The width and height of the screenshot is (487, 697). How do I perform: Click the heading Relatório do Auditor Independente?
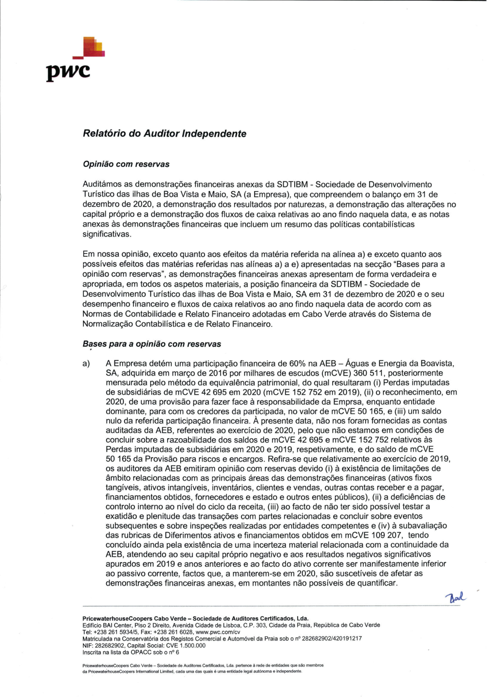pyautogui.click(x=165, y=134)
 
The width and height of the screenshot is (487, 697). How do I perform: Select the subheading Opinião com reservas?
pyautogui.click(x=126, y=164)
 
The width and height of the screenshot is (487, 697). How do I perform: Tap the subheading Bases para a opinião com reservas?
pyautogui.click(x=151, y=344)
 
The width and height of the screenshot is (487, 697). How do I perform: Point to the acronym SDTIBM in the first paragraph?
pyautogui.click(x=292, y=185)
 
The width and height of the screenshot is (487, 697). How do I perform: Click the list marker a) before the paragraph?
pyautogui.click(x=86, y=364)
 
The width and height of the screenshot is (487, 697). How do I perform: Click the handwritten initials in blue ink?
pyautogui.click(x=455, y=597)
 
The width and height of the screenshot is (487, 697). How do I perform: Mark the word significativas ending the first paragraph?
pyautogui.click(x=107, y=234)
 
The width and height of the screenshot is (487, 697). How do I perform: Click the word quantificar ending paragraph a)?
pyautogui.click(x=376, y=583)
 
